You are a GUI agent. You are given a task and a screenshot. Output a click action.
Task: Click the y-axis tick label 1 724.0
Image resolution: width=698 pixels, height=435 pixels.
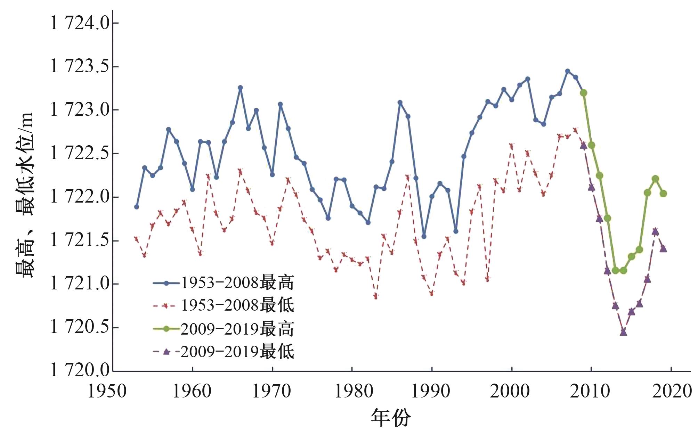point(80,23)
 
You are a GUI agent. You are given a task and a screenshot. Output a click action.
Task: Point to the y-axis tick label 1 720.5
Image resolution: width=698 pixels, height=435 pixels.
point(80,328)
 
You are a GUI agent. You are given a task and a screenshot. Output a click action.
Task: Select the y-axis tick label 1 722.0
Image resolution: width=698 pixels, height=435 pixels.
point(80,197)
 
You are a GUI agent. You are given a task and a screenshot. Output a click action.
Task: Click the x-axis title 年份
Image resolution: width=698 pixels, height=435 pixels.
point(391,418)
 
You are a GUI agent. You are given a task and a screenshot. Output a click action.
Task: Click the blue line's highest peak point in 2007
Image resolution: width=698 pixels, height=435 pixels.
point(568,71)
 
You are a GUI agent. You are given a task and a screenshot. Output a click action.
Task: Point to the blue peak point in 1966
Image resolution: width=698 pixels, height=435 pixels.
point(240,88)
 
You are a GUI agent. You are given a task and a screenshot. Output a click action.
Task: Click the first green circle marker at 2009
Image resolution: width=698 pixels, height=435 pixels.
point(584,93)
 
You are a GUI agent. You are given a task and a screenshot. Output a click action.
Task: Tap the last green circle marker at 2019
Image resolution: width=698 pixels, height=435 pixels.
point(663,194)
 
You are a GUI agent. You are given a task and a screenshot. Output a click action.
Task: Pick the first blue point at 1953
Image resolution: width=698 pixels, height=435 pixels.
point(137,207)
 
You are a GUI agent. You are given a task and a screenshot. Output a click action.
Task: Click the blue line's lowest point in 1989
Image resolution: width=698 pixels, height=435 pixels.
point(424,237)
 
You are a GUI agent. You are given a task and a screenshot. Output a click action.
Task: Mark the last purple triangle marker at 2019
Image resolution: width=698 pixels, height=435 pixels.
point(663,248)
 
